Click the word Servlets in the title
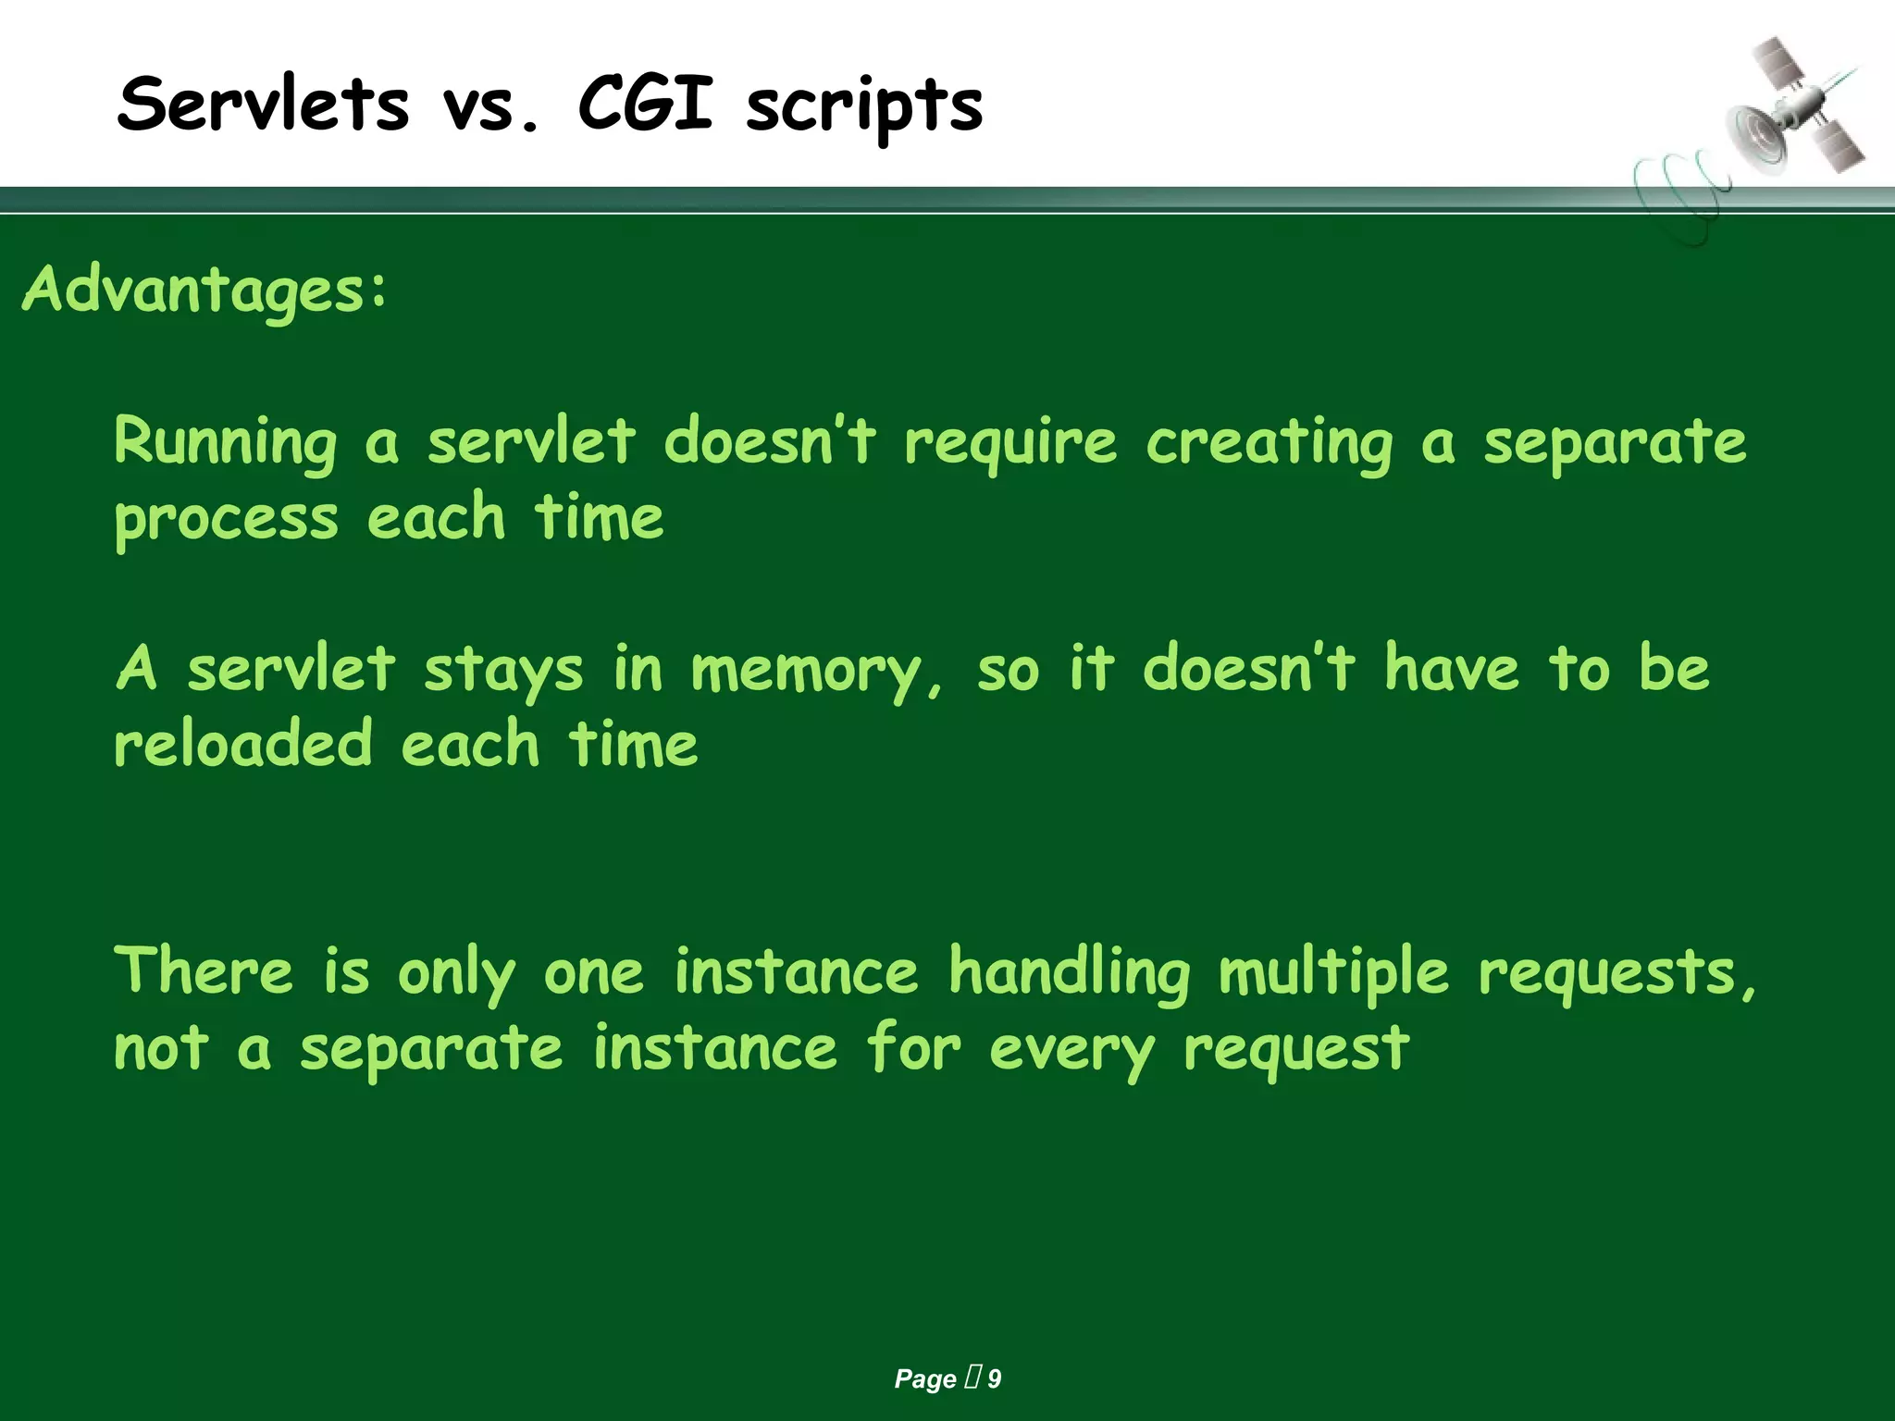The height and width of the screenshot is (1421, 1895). (x=263, y=104)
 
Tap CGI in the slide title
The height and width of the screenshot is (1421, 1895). (x=645, y=104)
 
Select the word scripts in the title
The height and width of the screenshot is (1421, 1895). (x=864, y=109)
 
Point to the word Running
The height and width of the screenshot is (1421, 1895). (x=226, y=442)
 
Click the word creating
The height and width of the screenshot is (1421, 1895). (x=1269, y=442)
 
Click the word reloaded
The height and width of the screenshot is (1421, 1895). (x=242, y=745)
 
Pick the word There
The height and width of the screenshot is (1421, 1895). (x=204, y=971)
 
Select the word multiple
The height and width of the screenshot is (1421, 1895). (x=1333, y=973)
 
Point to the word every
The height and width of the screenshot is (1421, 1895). (x=1071, y=1051)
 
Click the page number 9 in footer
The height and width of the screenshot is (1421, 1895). (x=995, y=1379)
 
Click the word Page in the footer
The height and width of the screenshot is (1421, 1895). (x=924, y=1379)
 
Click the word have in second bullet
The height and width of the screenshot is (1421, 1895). (x=1451, y=668)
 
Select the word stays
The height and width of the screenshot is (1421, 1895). (x=503, y=670)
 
